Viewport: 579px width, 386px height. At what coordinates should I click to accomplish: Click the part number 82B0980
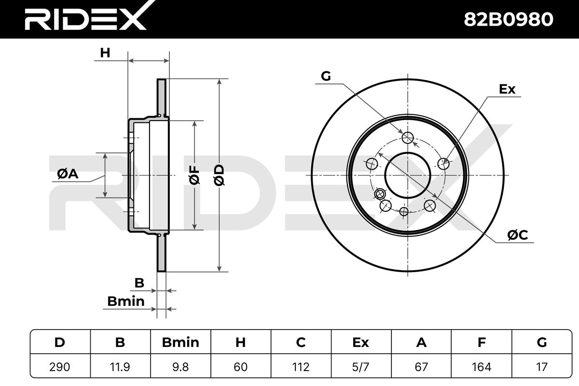509,19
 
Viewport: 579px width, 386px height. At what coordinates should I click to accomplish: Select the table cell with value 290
60,367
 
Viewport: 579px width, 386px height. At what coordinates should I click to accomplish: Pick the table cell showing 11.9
120,367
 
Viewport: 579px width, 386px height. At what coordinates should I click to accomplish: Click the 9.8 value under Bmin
180,367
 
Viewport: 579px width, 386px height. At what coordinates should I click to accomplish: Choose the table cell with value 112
301,367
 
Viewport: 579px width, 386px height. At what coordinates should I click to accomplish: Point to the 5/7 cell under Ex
361,367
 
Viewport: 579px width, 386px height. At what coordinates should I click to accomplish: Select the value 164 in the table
482,367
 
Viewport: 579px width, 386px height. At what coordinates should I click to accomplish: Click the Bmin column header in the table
180,342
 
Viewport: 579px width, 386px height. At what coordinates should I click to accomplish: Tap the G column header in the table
542,342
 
